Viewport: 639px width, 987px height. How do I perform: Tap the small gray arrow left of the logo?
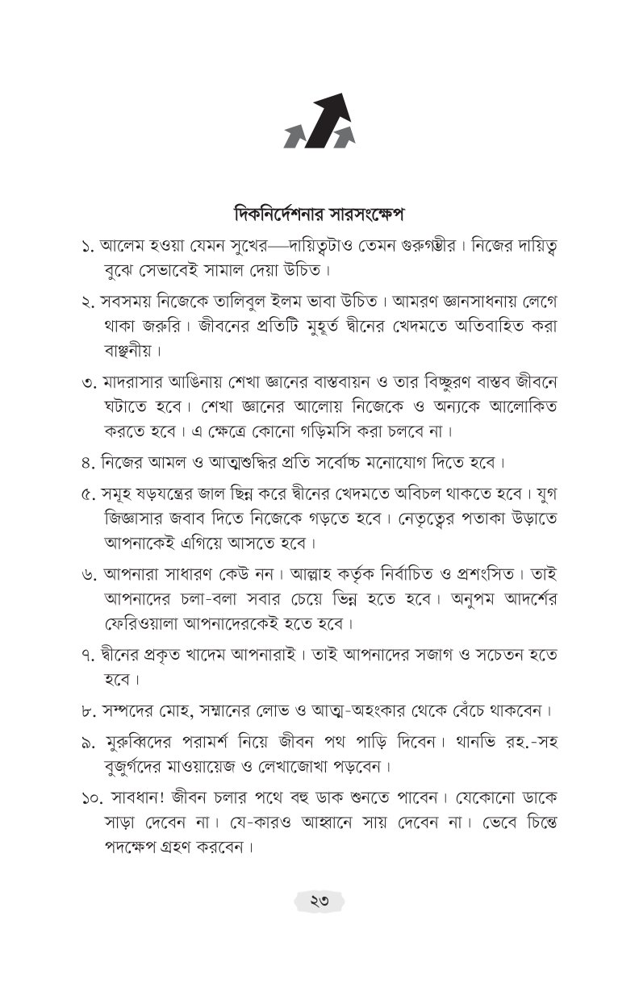294,136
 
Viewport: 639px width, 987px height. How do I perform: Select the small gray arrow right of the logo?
345,136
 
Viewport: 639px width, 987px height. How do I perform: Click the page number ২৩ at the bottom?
319,901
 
